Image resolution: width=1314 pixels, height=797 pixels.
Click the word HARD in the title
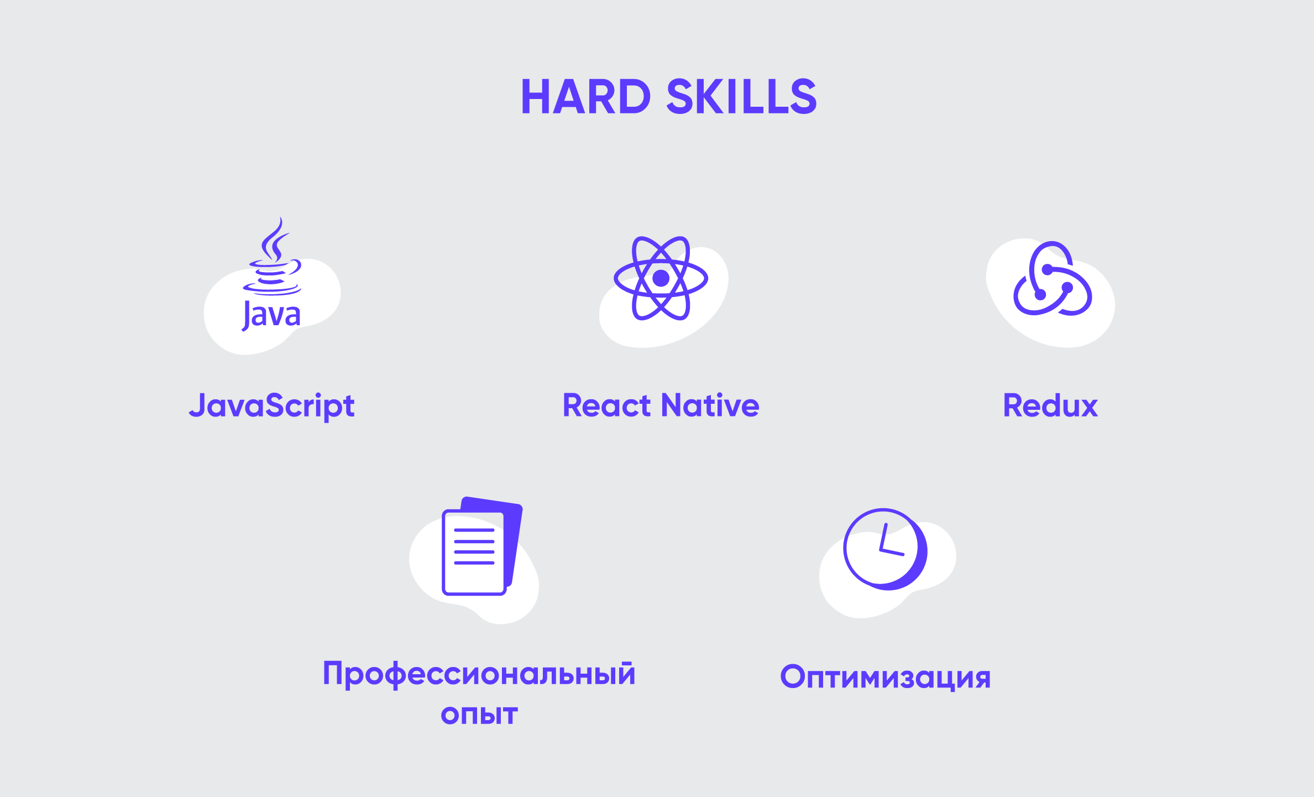click(586, 97)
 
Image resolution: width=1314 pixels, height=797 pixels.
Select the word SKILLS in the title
click(742, 97)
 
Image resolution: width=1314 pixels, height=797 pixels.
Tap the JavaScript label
click(271, 407)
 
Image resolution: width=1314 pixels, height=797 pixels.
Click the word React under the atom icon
click(607, 405)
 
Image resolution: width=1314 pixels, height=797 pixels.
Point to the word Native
click(711, 405)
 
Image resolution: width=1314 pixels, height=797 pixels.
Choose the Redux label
click(1050, 405)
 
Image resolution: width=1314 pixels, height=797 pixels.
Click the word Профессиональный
click(479, 675)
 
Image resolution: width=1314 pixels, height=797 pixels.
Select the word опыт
click(479, 715)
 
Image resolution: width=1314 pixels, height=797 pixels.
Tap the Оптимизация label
click(886, 677)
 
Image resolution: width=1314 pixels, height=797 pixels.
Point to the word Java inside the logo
click(271, 315)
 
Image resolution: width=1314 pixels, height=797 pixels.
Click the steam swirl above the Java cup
click(275, 239)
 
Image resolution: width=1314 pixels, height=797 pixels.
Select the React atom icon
click(661, 278)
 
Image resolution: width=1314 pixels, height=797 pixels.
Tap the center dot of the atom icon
click(661, 278)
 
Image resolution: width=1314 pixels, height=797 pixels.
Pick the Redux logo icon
click(1053, 278)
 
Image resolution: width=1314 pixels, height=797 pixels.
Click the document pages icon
click(482, 546)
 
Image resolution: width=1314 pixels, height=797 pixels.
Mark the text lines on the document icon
click(474, 546)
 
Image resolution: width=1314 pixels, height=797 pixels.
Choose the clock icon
click(885, 549)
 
